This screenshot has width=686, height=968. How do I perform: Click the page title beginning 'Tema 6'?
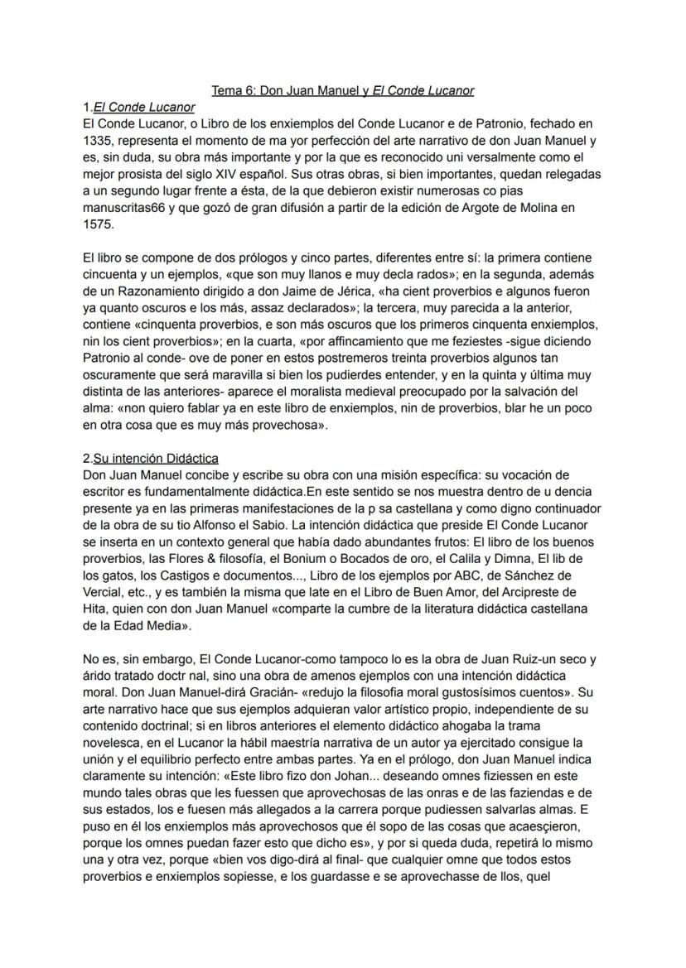pyautogui.click(x=342, y=90)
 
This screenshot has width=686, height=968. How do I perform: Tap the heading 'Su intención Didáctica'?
pyautogui.click(x=156, y=458)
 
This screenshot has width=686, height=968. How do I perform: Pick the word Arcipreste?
pyautogui.click(x=531, y=590)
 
